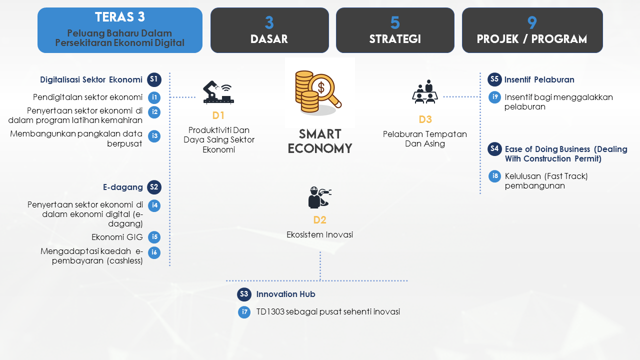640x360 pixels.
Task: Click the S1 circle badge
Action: (x=154, y=79)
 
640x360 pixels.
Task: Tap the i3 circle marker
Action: (x=154, y=136)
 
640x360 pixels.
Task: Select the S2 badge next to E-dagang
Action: (x=154, y=187)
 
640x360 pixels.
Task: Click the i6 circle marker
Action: (x=154, y=252)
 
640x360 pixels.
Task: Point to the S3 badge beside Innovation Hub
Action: (x=244, y=294)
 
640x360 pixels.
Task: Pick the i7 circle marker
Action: (x=244, y=312)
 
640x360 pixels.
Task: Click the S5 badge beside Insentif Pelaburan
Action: (x=494, y=79)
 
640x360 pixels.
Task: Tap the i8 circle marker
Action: (x=495, y=176)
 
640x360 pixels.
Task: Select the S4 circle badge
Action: (x=494, y=149)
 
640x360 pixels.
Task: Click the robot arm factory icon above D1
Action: (x=218, y=92)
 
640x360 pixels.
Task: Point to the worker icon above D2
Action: (x=319, y=197)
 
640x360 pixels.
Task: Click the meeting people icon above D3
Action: (x=425, y=91)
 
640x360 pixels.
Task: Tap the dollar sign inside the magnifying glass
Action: (x=321, y=87)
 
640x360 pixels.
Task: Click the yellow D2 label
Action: (x=319, y=220)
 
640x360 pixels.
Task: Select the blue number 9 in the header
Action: (x=532, y=23)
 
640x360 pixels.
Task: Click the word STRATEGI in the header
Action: (x=395, y=39)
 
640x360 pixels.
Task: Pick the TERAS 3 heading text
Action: (x=120, y=17)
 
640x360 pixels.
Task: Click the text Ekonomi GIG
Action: (x=117, y=237)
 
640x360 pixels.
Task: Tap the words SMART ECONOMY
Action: (x=320, y=141)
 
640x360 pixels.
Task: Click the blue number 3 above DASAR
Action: (x=269, y=23)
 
